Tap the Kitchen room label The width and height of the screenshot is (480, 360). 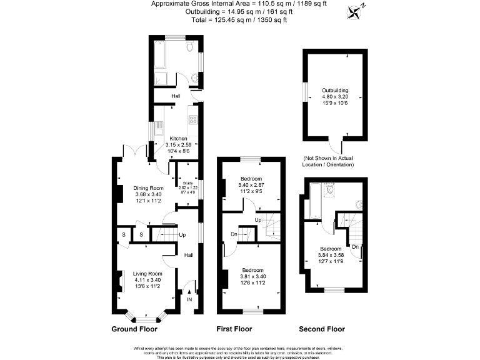pyautogui.click(x=178, y=138)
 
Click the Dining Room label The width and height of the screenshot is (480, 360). pyautogui.click(x=149, y=188)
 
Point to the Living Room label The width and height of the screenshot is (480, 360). pyautogui.click(x=148, y=274)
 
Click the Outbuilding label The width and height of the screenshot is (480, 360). pyautogui.click(x=335, y=91)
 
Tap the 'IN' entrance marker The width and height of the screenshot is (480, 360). pyautogui.click(x=189, y=299)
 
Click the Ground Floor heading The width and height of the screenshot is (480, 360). pyautogui.click(x=134, y=329)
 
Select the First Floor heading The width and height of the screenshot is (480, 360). pyautogui.click(x=234, y=329)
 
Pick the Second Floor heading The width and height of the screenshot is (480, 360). pyautogui.click(x=321, y=329)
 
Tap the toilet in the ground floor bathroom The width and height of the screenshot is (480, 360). pyautogui.click(x=189, y=47)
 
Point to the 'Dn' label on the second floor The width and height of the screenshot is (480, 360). pyautogui.click(x=355, y=246)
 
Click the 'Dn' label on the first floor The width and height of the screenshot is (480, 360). pyautogui.click(x=233, y=234)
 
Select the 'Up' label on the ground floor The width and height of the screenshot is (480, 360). pyautogui.click(x=182, y=235)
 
